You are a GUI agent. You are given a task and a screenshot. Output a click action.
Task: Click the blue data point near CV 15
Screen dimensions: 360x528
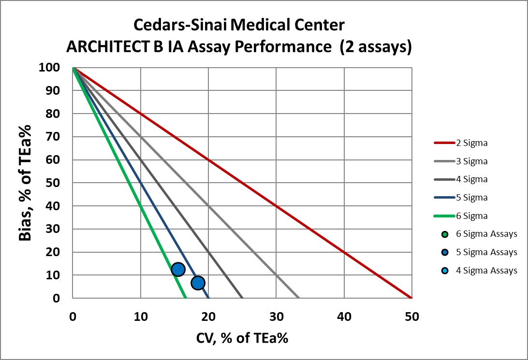178,269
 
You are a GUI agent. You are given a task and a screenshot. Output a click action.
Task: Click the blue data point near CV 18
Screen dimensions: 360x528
198,283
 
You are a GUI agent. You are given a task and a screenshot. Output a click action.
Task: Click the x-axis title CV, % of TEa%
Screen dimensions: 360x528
242,338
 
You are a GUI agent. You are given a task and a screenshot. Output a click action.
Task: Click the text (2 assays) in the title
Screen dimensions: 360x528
375,47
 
